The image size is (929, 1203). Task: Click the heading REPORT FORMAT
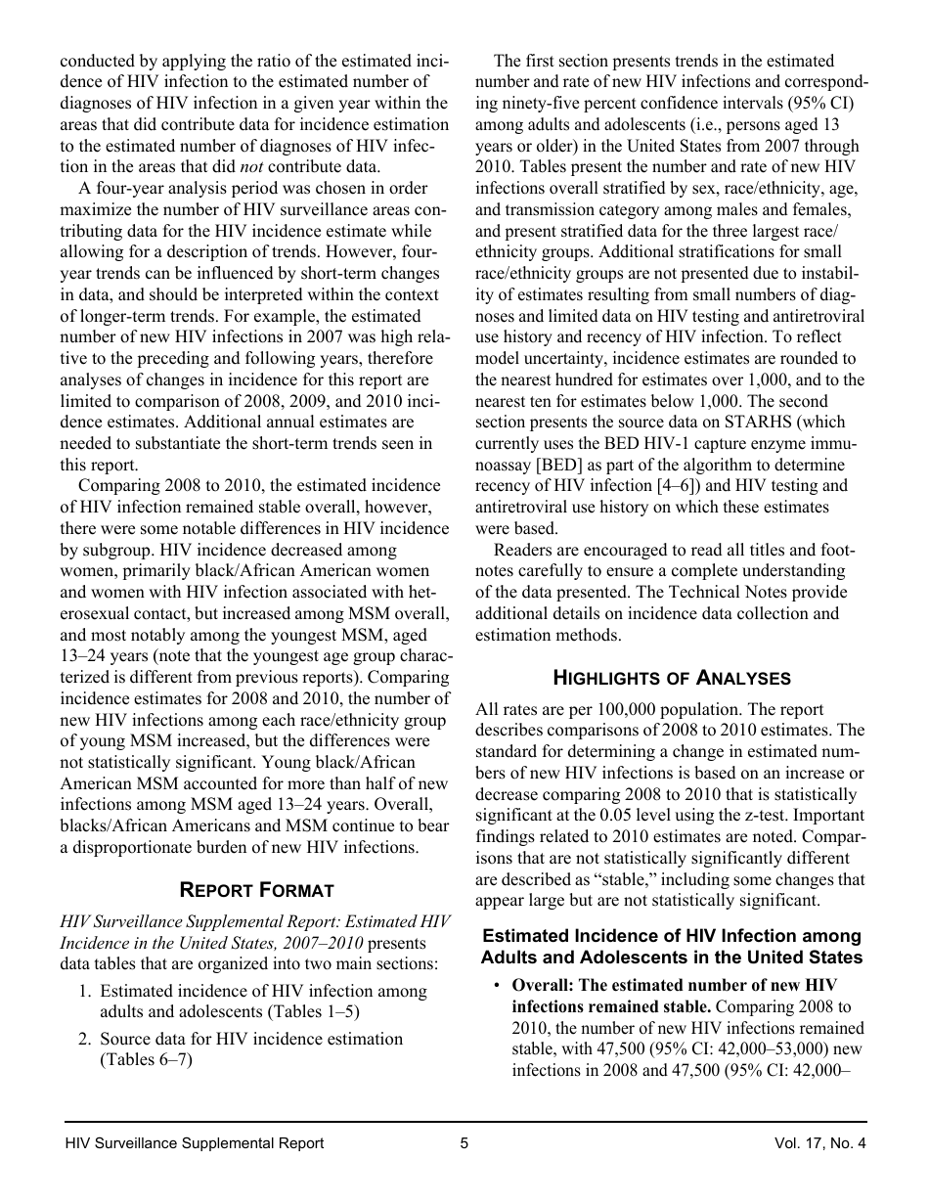(x=256, y=890)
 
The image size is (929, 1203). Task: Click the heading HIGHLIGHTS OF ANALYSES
(x=672, y=678)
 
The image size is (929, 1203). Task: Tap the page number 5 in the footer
(x=464, y=1143)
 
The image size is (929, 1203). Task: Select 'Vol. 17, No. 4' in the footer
(x=819, y=1143)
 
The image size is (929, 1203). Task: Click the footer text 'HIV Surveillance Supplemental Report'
(x=195, y=1143)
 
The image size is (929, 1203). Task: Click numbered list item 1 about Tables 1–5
(x=263, y=1001)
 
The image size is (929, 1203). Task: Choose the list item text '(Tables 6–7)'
(x=146, y=1059)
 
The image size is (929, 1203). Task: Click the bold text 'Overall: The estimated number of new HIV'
(x=675, y=985)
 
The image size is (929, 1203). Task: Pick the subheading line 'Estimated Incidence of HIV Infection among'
(x=672, y=936)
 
